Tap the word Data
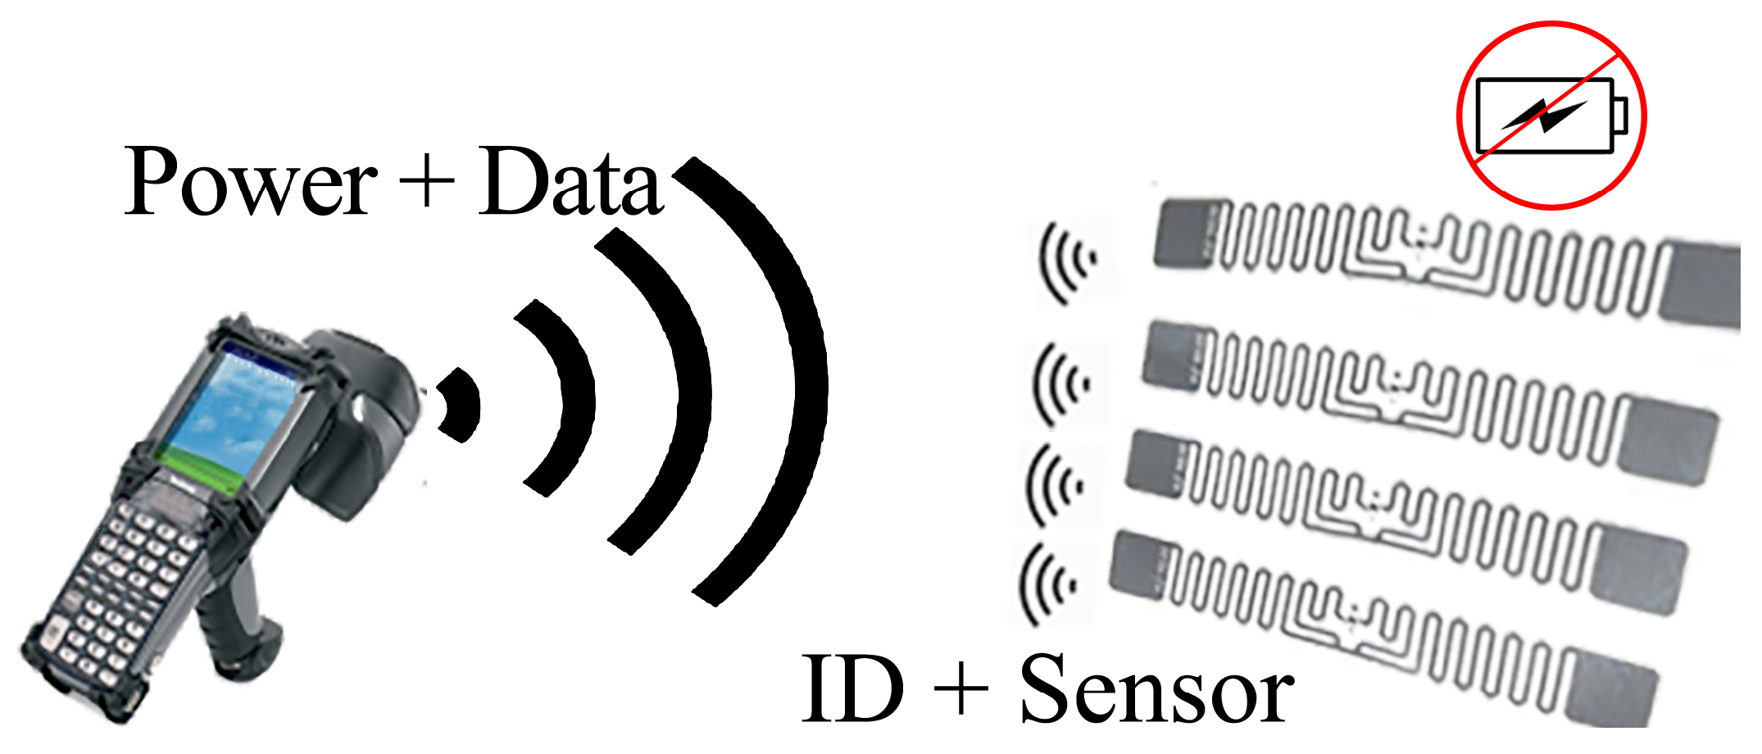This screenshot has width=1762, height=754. (570, 182)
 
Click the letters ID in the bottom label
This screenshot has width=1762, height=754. (852, 690)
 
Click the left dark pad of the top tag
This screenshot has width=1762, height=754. (1183, 234)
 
